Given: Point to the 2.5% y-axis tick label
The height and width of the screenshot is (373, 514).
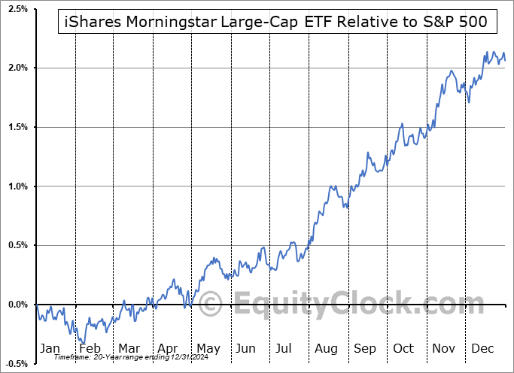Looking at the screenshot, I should pos(17,9).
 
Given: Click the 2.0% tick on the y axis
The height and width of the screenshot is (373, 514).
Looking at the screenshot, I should pos(17,68).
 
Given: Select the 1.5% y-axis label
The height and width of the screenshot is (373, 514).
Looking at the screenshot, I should pos(17,127).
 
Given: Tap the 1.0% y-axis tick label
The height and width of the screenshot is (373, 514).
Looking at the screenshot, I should pos(17,186).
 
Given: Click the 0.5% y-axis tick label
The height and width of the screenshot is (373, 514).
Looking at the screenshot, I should pos(17,245).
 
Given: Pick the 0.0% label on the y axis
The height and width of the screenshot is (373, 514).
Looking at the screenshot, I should pos(17,305).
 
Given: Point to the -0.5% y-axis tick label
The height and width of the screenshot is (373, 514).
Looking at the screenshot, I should pos(16,363).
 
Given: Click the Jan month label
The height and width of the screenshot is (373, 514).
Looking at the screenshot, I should pos(49,348).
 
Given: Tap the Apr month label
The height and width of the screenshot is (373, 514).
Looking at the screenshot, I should pos(167,348).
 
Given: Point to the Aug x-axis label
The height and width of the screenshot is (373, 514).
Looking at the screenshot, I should pos(326,348).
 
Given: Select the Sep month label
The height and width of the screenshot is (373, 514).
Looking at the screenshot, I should pos(365,348).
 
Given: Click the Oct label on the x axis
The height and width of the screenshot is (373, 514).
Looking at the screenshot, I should pos(404,348).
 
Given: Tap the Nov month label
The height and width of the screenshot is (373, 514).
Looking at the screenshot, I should pos(444,348).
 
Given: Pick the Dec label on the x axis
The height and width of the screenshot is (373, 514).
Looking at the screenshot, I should pos(483,348).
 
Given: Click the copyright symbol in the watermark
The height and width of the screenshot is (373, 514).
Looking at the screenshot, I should pos(208,305).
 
